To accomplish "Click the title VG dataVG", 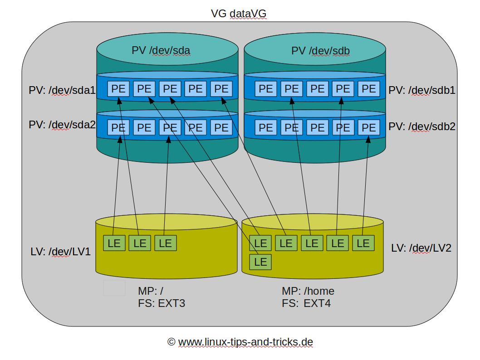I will (x=239, y=14).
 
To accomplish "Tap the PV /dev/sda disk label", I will (x=161, y=50).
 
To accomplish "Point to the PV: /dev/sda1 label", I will (x=62, y=90).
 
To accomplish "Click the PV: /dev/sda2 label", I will (x=62, y=125).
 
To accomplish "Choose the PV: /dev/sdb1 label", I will (x=421, y=90).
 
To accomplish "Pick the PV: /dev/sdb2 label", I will (x=421, y=126).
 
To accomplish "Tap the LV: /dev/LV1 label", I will (x=60, y=251).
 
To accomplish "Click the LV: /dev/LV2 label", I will (x=421, y=248).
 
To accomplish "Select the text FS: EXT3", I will (x=162, y=303).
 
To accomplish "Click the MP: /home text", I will (x=308, y=291).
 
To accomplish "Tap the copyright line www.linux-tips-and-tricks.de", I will (x=240, y=342).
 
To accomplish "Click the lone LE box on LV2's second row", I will (x=260, y=262).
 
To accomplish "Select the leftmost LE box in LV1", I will (x=114, y=243).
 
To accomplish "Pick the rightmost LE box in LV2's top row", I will (x=363, y=243).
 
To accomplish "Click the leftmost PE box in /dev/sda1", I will (x=118, y=89).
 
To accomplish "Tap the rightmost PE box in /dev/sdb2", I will (x=368, y=127).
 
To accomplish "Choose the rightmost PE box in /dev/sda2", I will (x=221, y=127).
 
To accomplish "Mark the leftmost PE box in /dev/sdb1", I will (x=266, y=89).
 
